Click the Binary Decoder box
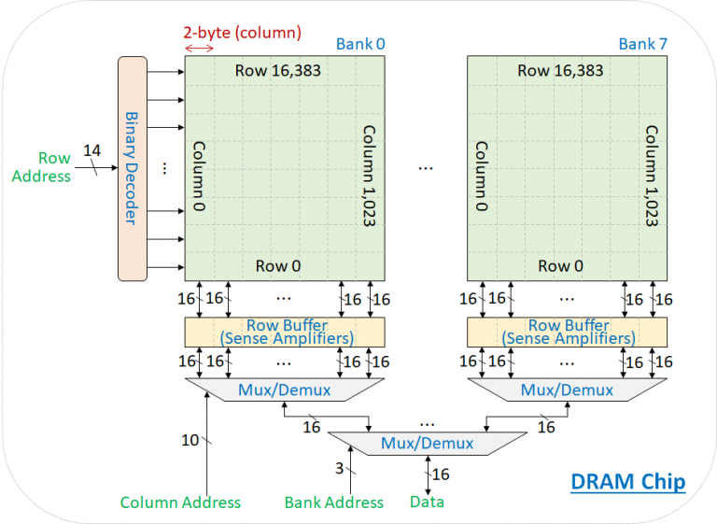tap(133, 168)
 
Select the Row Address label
tap(54, 167)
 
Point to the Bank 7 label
tap(642, 44)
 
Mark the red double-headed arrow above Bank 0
tap(198, 48)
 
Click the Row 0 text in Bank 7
tap(561, 266)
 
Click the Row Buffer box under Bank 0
tap(285, 332)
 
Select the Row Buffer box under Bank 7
tap(568, 332)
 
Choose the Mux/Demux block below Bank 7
tap(568, 389)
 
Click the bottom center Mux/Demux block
tap(427, 443)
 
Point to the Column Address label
tap(180, 503)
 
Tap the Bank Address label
tap(333, 503)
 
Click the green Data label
tap(428, 503)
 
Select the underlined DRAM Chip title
tap(628, 482)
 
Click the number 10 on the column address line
tap(190, 439)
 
